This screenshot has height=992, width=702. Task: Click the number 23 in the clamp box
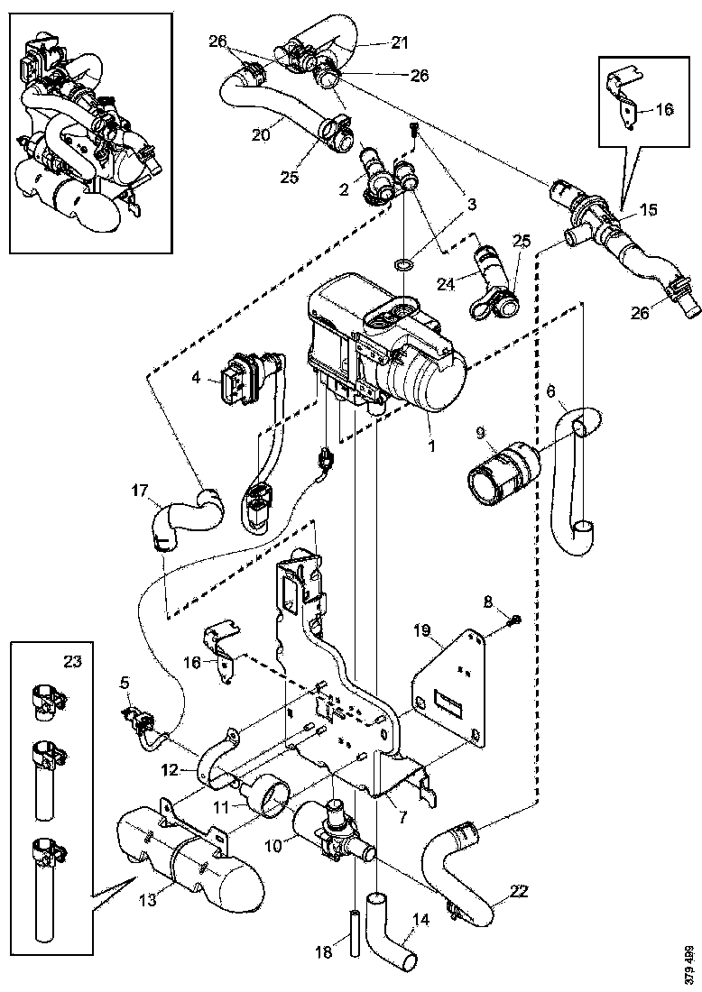click(73, 661)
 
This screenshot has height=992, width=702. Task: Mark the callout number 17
click(138, 491)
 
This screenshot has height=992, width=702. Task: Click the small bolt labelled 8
click(514, 620)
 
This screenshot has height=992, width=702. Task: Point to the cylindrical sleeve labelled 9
click(499, 472)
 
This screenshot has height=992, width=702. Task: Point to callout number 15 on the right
click(648, 208)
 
